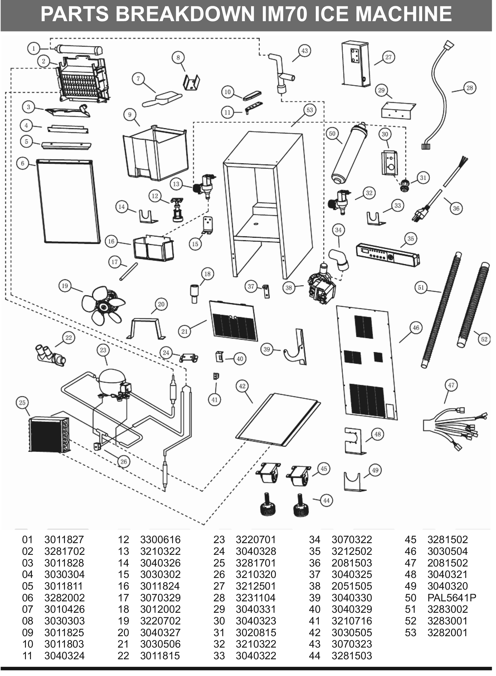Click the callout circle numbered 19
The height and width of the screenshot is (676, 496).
[65, 286]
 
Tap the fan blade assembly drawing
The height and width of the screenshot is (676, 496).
[104, 306]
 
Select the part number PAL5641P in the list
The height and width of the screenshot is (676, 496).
[452, 597]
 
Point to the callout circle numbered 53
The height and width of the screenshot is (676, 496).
[310, 110]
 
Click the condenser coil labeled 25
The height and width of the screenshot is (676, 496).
[49, 434]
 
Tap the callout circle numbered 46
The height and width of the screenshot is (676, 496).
[415, 328]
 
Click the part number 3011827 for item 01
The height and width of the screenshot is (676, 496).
[64, 540]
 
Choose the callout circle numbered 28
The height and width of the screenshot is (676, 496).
[470, 88]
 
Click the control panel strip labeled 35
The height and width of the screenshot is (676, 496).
[388, 255]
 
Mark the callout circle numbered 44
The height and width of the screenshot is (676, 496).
[326, 501]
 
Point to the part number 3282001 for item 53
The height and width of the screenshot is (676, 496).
[447, 633]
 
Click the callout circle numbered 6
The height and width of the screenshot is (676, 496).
[23, 163]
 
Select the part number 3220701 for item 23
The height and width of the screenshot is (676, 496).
[256, 540]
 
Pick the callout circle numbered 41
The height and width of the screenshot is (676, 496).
[214, 400]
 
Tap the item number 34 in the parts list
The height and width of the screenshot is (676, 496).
[314, 540]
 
